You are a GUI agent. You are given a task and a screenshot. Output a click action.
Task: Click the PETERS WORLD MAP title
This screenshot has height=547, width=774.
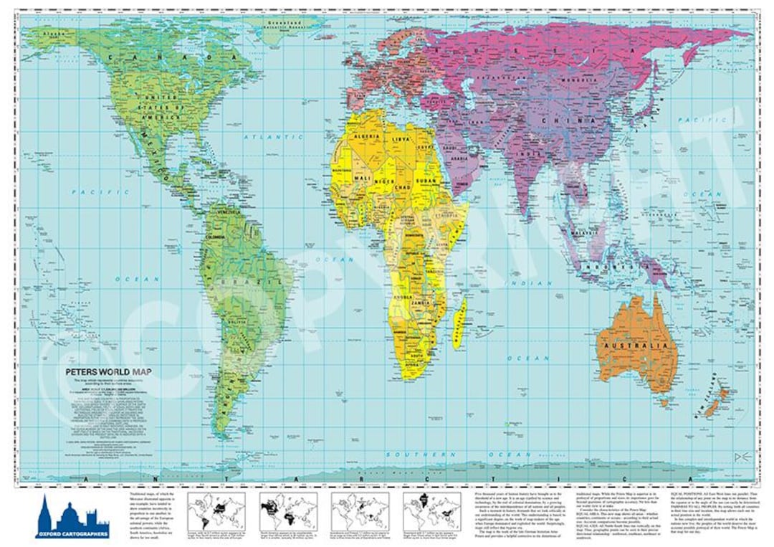[x=108, y=371]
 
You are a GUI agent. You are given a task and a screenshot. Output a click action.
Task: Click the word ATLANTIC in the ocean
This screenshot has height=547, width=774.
[x=264, y=135]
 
